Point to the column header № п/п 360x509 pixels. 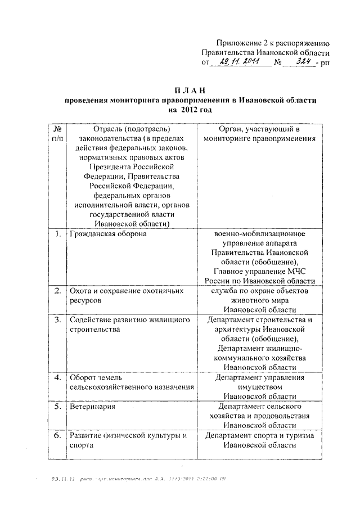point(57,133)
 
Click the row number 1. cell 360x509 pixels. point(57,233)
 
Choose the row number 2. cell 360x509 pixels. point(57,291)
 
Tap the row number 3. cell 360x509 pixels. point(57,320)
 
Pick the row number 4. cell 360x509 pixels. point(57,377)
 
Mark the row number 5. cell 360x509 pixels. point(57,406)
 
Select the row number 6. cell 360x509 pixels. point(57,435)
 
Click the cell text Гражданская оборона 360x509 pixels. point(107,233)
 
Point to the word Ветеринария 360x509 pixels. point(93,406)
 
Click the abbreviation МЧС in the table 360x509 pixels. point(295,272)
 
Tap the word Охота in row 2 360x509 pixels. point(81,291)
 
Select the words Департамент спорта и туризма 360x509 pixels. point(259,435)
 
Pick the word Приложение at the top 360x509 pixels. point(240,43)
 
